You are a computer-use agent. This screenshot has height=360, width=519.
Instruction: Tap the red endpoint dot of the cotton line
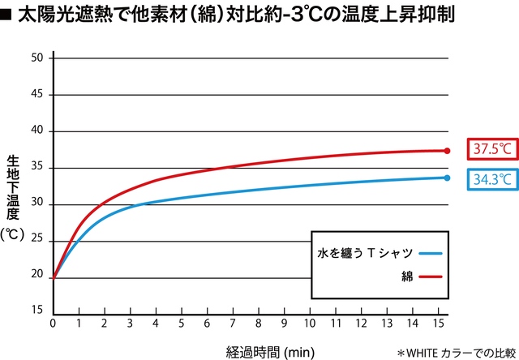[447, 151]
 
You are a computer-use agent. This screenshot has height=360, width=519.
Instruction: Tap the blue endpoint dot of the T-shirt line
[447, 178]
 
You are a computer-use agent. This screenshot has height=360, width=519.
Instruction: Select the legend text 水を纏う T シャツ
[365, 253]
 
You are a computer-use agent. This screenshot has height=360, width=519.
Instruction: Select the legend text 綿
[408, 276]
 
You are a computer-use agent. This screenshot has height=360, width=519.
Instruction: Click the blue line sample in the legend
[430, 253]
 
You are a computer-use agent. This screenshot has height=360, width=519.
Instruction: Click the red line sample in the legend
[430, 276]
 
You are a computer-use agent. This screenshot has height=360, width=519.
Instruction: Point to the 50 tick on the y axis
[37, 58]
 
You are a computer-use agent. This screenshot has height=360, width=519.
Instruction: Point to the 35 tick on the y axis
[37, 168]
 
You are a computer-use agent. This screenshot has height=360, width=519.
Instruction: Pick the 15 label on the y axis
[37, 311]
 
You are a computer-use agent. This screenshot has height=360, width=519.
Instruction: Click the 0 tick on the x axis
[53, 324]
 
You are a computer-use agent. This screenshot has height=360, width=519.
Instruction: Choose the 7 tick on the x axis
[232, 324]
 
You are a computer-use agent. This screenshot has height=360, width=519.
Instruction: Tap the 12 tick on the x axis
[361, 324]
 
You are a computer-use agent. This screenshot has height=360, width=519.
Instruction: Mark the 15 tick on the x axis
[438, 324]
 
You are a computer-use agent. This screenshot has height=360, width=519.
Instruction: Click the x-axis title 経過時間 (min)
[270, 352]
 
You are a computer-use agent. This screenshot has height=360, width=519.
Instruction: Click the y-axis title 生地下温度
[12, 186]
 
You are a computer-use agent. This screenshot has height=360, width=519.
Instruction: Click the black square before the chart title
[6, 14]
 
